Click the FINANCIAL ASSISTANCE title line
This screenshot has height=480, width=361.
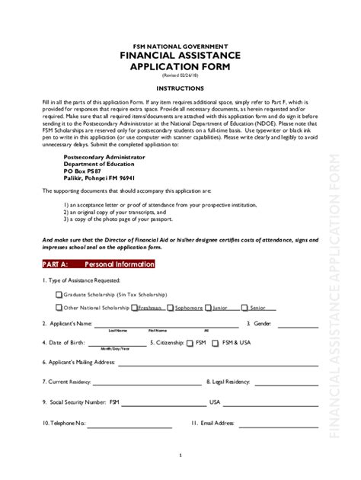180,56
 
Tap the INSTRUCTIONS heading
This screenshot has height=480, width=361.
180,88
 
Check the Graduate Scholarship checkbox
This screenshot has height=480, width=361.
59,293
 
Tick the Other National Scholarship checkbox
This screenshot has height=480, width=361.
59,308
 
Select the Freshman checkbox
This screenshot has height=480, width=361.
135,308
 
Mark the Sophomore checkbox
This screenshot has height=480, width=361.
171,308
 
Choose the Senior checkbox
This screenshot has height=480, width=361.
245,308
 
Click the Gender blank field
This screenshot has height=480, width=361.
296,325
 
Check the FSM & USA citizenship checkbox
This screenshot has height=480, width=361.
216,344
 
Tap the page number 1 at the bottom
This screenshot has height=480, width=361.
180,456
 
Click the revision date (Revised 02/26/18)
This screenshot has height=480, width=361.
180,76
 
